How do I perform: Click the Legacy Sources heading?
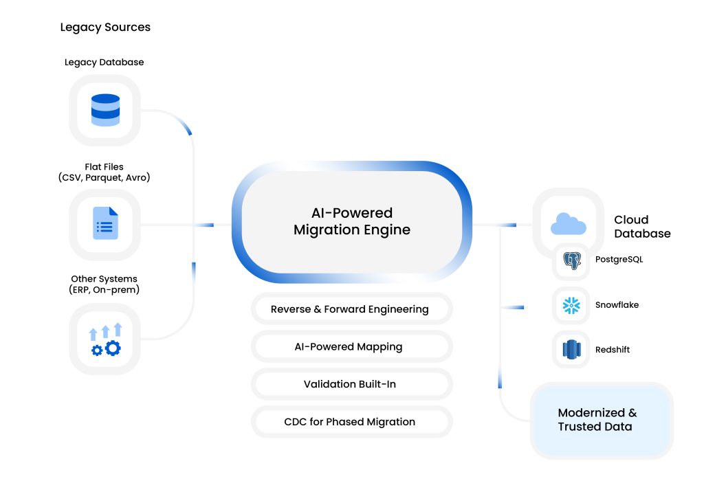105,27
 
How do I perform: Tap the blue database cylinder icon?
105,110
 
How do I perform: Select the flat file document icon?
105,224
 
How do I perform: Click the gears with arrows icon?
105,339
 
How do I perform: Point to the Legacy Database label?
104,62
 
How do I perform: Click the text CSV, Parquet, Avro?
104,178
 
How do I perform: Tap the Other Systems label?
104,279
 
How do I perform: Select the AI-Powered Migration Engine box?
351,221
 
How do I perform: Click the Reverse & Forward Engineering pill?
351,309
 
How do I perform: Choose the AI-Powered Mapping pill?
351,347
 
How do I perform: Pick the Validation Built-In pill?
351,384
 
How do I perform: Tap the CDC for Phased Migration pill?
351,422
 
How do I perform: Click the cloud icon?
568,223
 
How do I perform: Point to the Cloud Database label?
641,227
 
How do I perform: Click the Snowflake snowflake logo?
571,305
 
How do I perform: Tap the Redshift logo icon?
571,350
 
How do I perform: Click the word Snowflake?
617,305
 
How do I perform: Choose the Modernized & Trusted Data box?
601,420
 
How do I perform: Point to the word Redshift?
612,350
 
